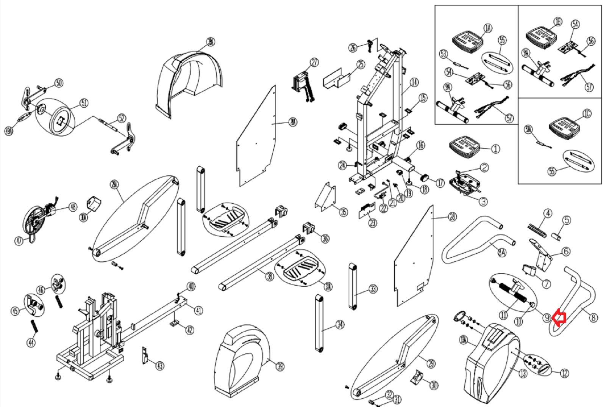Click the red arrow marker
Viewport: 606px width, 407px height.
coord(559,318)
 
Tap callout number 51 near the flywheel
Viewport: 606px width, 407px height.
coord(84,103)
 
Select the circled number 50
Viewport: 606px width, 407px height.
coord(59,83)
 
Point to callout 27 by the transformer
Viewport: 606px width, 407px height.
coord(314,63)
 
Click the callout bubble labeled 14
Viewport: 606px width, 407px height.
coord(414,82)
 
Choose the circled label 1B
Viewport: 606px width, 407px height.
coord(558,22)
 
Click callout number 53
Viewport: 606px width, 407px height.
coord(444,54)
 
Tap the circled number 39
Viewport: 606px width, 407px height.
coord(280,366)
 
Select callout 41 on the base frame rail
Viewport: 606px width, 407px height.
coord(198,311)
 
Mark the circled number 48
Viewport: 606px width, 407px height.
coord(73,207)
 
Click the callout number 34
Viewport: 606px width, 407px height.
coord(340,324)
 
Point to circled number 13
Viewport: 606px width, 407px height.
coord(523,374)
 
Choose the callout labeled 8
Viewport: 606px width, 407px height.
coord(594,317)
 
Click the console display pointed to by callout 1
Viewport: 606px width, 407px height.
coord(464,147)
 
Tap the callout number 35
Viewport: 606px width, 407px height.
coord(343,212)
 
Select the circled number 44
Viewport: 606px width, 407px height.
coord(31,343)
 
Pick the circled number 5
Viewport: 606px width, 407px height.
coord(566,220)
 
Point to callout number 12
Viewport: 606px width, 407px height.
coord(564,373)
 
